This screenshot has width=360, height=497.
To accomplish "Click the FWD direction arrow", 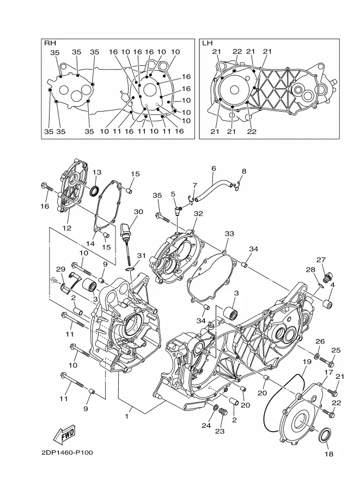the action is tap(64, 434).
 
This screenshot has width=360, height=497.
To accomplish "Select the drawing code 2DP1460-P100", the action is tap(67, 452).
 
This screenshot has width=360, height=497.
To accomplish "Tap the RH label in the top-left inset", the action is tap(50, 43).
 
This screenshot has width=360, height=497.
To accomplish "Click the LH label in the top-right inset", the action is tap(207, 43).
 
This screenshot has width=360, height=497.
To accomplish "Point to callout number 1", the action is tap(126, 416).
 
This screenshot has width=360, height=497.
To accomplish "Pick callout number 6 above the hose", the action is tap(213, 168).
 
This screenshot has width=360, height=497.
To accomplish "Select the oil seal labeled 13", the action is tap(94, 191).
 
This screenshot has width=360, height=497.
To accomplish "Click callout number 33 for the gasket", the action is tap(229, 234).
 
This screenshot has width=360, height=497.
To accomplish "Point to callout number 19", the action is tap(307, 361).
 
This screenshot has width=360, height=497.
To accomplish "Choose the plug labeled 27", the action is tap(325, 278).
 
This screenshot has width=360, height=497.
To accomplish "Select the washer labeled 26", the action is tap(317, 357).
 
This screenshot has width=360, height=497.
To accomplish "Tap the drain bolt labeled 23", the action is tap(222, 414).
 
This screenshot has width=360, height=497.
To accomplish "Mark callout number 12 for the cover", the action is tap(67, 228).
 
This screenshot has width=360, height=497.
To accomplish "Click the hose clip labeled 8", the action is tap(236, 187).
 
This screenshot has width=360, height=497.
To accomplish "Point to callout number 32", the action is tap(198, 213).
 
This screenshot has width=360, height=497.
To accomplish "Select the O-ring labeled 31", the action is tap(130, 269).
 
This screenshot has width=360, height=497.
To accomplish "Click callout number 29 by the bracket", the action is tap(60, 269).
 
